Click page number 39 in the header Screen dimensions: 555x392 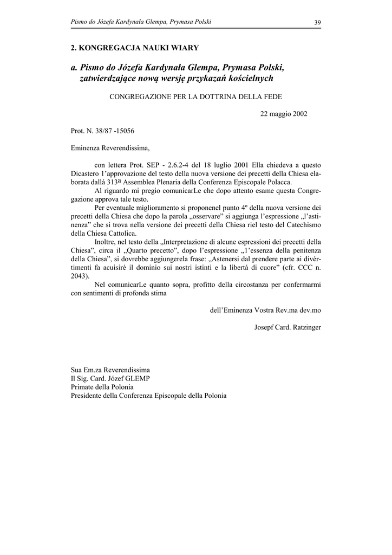[x=317, y=22]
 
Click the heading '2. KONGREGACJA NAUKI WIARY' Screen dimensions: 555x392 [x=135, y=48]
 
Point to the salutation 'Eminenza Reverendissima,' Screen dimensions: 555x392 [x=110, y=147]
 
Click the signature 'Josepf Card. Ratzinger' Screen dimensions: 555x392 [x=288, y=328]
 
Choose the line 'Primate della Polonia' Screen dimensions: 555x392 [x=102, y=387]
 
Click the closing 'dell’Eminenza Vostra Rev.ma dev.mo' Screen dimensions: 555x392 [x=265, y=311]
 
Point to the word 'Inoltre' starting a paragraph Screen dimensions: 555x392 [x=106, y=241]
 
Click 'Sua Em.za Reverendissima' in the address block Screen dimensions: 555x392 [x=110, y=370]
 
